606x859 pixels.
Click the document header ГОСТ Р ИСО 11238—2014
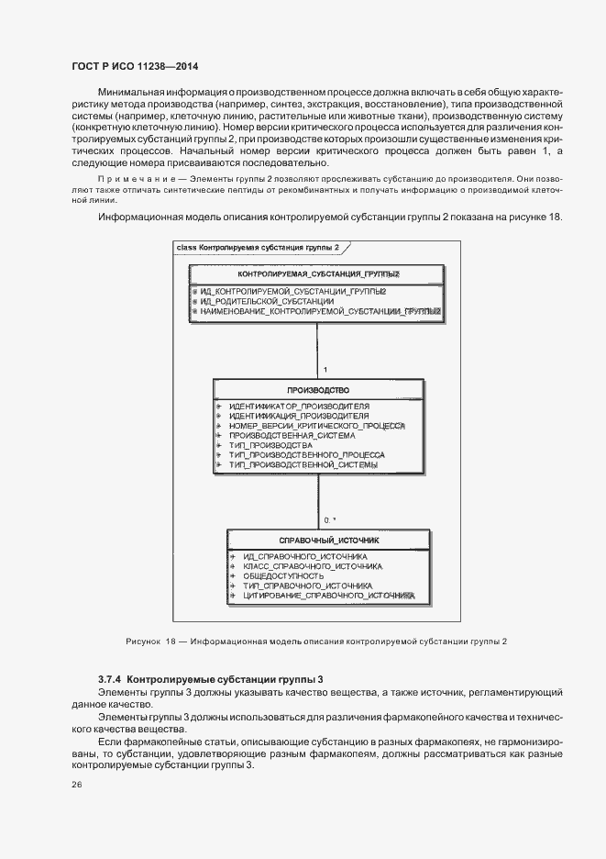(x=135, y=67)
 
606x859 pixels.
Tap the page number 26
(x=76, y=785)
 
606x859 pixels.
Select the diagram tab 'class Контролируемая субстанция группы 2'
(x=257, y=248)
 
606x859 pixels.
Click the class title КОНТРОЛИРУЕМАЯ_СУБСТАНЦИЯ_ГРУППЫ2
(x=318, y=274)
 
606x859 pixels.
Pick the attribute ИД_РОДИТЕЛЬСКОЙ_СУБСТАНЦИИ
(x=267, y=301)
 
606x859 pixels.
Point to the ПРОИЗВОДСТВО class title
(x=318, y=389)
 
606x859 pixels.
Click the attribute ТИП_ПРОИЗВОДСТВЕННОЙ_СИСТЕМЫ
(x=303, y=465)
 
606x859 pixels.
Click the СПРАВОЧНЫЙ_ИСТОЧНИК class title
(x=328, y=541)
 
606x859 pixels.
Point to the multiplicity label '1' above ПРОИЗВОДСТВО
(x=325, y=370)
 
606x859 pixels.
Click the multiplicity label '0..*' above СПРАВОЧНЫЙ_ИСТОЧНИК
(x=329, y=520)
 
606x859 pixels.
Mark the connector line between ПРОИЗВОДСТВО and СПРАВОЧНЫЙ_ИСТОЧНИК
(x=318, y=500)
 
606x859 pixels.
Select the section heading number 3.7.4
(x=110, y=678)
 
